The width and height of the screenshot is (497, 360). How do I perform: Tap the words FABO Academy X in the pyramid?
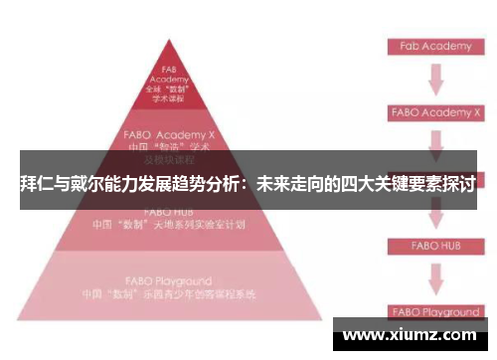(x=169, y=131)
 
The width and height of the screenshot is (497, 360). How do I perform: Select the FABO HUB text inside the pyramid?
(x=168, y=212)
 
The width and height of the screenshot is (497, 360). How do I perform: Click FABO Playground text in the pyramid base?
(x=168, y=282)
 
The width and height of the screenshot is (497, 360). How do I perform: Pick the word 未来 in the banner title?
(x=274, y=183)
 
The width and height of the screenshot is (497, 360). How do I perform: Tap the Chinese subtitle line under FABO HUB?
(x=168, y=225)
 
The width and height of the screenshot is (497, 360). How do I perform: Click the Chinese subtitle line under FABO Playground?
(x=168, y=295)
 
